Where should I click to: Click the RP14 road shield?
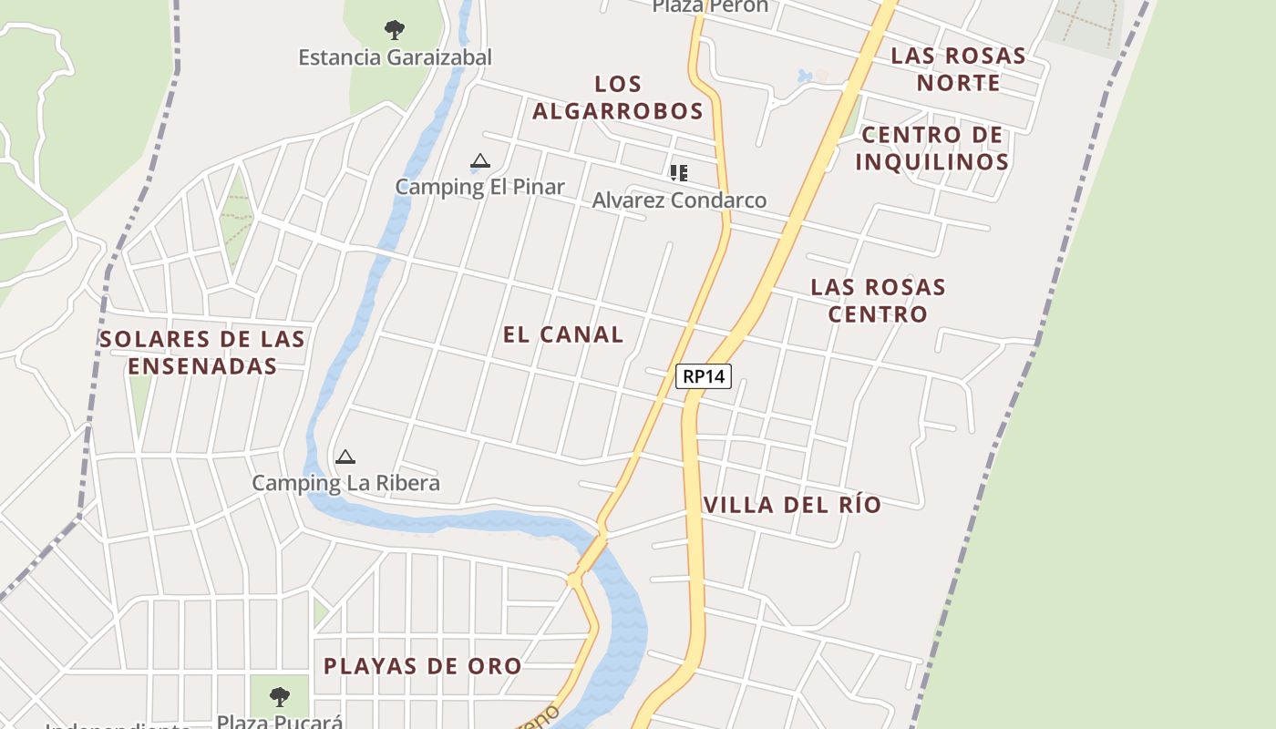coord(704,375)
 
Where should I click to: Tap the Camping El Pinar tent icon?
coord(480,162)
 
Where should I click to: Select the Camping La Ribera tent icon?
coord(345,457)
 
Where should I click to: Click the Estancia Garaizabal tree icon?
coord(394,30)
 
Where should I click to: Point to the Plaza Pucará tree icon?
coord(280,697)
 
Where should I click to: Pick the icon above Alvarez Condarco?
coord(678,172)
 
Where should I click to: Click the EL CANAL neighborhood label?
coord(563,334)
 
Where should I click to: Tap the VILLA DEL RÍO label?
coord(792,505)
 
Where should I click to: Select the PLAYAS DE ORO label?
coord(423,666)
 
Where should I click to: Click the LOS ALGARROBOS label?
coord(618,98)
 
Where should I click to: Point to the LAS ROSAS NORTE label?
coord(958,69)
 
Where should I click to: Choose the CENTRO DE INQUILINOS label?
coord(931,149)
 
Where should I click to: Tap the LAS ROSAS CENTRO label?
coord(878,301)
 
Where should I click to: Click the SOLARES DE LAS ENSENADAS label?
coord(202,353)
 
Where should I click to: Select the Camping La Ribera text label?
coord(345,483)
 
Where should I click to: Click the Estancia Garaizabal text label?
coord(395,57)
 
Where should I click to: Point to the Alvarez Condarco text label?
coord(679,200)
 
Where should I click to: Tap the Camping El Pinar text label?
coord(479,187)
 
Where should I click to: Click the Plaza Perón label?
coord(710,6)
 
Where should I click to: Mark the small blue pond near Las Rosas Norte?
coord(804,76)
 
